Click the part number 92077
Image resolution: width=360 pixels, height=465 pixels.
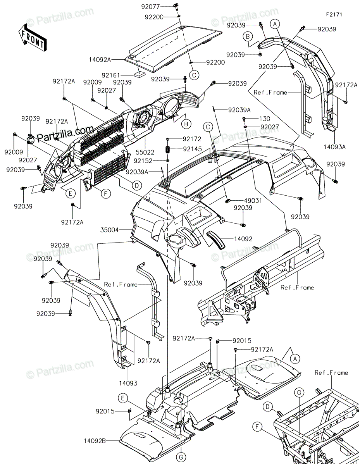(x=150, y=7)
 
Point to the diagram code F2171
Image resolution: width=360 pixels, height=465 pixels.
(x=334, y=15)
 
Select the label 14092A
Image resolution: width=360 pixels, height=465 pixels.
(x=100, y=60)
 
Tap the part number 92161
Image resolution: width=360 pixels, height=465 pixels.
(x=110, y=75)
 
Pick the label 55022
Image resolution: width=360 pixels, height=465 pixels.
(x=145, y=152)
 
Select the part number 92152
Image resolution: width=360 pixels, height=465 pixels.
(x=143, y=160)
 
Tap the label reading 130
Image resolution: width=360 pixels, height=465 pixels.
(x=265, y=119)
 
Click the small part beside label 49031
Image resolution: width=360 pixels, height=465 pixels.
(x=228, y=201)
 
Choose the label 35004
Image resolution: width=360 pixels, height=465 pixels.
(x=109, y=230)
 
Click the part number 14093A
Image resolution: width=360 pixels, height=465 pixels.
(x=334, y=147)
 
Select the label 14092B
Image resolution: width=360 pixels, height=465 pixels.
(x=95, y=441)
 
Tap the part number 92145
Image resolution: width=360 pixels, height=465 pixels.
(x=192, y=149)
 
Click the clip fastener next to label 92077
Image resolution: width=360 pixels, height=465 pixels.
(x=176, y=6)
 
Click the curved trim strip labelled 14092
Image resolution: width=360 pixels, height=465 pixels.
(x=215, y=239)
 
